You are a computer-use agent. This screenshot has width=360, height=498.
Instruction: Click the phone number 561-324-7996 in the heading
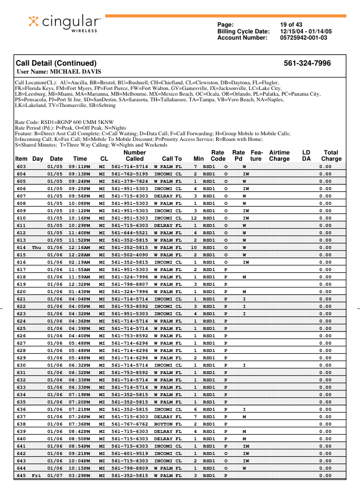307,63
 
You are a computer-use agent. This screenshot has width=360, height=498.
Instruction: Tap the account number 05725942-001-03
303,37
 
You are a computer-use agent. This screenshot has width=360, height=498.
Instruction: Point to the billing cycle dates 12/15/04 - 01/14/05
306,31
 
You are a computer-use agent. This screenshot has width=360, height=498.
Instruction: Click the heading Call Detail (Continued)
56,63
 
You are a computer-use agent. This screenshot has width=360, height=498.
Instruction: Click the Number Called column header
135,156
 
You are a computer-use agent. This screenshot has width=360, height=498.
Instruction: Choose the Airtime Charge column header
279,156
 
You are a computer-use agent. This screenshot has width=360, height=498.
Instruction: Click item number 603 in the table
22,167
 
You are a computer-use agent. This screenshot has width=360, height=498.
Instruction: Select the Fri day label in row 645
37,475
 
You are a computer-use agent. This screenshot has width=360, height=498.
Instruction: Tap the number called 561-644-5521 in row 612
130,233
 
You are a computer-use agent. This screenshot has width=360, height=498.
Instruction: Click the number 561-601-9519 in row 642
130,453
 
